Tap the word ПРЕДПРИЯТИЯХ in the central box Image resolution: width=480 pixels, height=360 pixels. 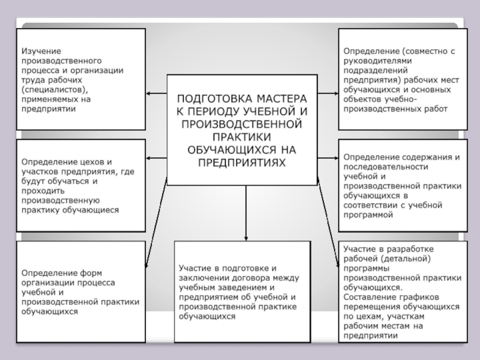point(242,162)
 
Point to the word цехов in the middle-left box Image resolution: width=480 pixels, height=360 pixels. point(88,162)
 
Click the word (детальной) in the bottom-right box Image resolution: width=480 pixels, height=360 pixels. point(404,258)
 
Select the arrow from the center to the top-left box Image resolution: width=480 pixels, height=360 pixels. point(156,93)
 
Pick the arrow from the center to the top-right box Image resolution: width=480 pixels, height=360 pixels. point(328,93)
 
